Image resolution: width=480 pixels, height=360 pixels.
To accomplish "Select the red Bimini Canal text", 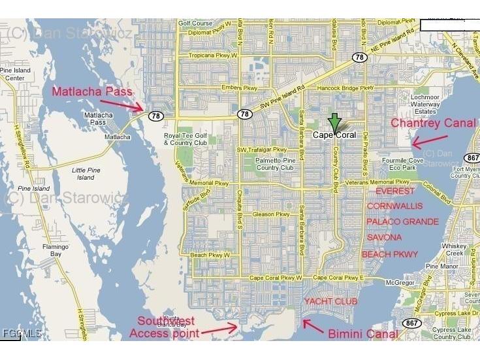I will click(x=362, y=334).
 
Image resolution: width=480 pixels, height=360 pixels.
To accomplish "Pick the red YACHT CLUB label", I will click(x=330, y=301).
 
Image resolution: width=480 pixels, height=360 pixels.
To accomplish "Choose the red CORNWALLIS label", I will click(x=394, y=206).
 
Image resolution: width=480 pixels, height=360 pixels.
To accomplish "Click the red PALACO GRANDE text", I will click(x=402, y=222).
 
